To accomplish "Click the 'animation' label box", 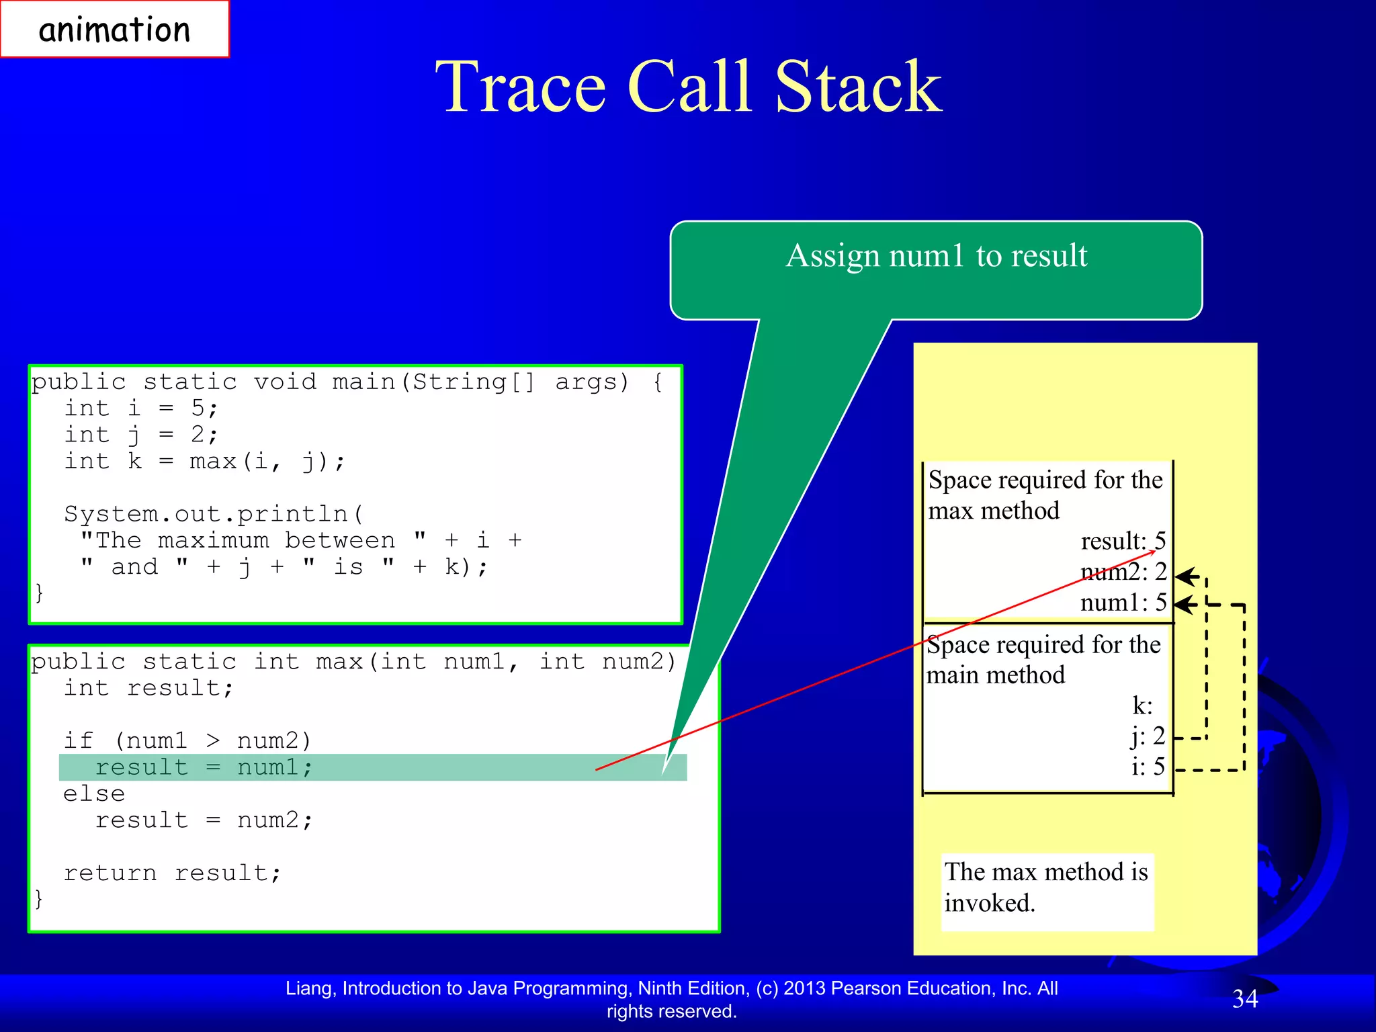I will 114,30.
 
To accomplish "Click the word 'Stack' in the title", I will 858,87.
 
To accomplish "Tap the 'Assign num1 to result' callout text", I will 936,256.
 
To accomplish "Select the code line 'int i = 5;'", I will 141,408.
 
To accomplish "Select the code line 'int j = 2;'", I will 141,435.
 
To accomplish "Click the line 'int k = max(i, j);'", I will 205,462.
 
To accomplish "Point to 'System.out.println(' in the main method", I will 214,514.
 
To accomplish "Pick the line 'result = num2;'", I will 204,820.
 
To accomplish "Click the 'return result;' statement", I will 173,873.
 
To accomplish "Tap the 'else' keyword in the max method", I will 94,794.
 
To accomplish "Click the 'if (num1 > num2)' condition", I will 187,741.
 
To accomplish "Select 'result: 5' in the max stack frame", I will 1123,542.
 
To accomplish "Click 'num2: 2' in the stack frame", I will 1123,572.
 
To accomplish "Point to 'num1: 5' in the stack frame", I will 1123,603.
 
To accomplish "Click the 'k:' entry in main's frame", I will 1142,705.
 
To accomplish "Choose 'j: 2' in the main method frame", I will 1148,736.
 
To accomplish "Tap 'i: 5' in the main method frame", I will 1148,767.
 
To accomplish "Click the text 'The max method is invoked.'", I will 1046,887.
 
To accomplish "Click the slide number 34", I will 1245,999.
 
